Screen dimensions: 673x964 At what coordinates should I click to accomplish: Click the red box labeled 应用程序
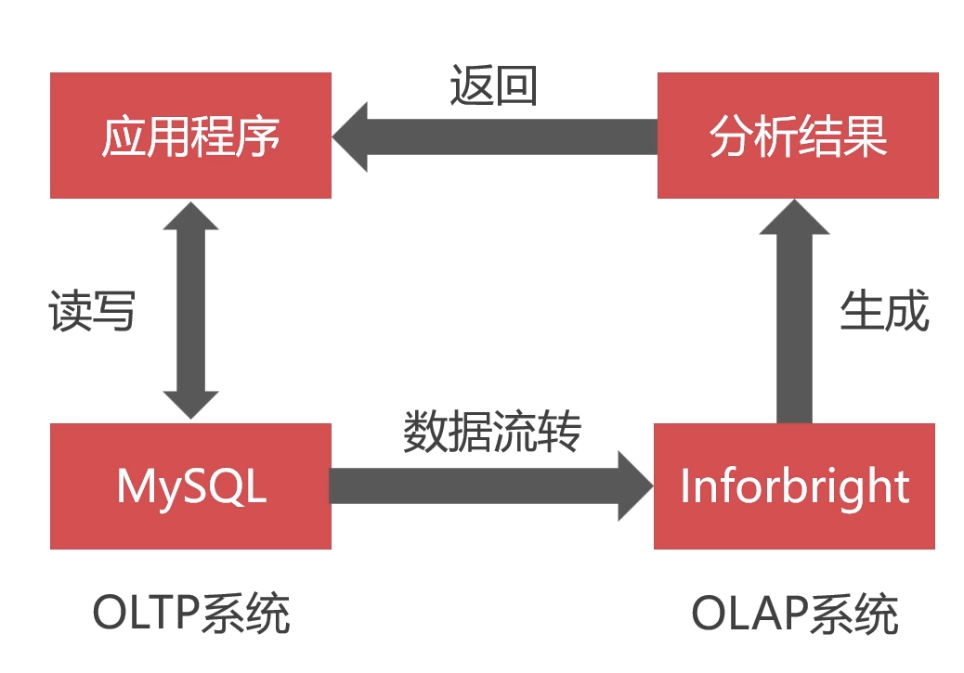pos(190,136)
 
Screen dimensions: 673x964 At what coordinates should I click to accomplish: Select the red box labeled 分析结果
pos(798,136)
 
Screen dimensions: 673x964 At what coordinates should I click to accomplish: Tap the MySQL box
pos(190,485)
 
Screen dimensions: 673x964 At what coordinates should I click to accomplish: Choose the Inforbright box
pos(794,485)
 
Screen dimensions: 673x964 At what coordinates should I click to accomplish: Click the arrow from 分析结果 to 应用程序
pos(502,136)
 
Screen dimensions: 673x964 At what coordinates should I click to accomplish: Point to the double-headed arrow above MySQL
pos(190,311)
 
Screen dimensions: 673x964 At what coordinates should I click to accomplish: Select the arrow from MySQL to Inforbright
pos(483,485)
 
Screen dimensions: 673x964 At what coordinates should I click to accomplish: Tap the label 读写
pos(92,311)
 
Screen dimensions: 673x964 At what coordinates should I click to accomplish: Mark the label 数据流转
pos(492,432)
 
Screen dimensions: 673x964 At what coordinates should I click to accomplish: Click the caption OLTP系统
pos(191,614)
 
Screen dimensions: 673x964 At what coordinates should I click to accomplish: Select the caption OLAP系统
pos(795,614)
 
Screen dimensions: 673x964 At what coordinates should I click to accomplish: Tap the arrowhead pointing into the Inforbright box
pos(636,485)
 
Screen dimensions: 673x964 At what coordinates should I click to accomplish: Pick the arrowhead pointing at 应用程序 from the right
pos(350,136)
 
